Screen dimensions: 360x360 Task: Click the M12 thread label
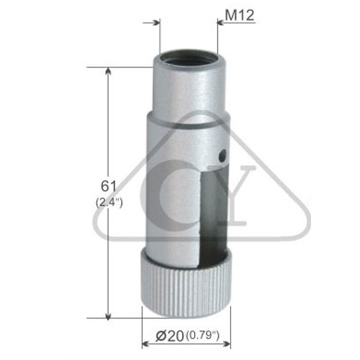(x=239, y=16)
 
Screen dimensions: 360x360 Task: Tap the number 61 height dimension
(x=109, y=186)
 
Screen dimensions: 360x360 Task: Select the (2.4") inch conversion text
(x=109, y=202)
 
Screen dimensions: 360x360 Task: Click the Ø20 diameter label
(x=170, y=336)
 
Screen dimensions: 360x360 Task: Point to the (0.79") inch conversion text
(x=203, y=335)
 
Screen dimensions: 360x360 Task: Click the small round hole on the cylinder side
(x=222, y=155)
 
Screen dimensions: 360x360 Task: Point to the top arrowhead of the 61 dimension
(x=108, y=71)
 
